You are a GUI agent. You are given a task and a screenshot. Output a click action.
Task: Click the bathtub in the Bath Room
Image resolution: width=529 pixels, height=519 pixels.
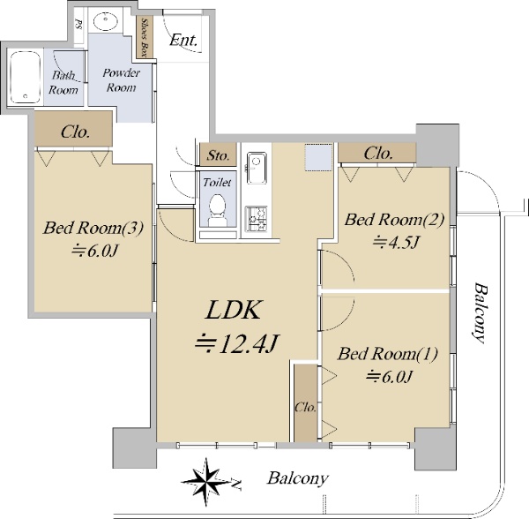pyautogui.click(x=26, y=78)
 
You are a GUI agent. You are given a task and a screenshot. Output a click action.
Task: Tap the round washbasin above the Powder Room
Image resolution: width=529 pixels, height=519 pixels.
pyautogui.click(x=105, y=21)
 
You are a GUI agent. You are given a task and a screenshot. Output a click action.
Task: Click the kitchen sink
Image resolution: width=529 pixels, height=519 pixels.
pyautogui.click(x=257, y=168)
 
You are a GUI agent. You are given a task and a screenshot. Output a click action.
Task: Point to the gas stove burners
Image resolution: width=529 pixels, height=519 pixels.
pyautogui.click(x=256, y=219)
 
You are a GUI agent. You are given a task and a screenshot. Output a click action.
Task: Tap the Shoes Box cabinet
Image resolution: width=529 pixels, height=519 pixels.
pyautogui.click(x=145, y=37)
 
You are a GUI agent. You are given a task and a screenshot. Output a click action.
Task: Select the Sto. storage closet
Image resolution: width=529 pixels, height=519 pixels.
pyautogui.click(x=218, y=154)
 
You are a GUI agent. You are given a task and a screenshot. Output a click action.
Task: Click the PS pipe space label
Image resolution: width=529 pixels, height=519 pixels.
pyautogui.click(x=78, y=25)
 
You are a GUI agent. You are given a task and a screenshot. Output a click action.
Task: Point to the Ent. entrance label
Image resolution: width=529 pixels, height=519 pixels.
pyautogui.click(x=183, y=41)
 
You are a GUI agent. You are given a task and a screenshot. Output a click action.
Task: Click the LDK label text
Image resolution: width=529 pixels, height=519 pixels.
pyautogui.click(x=234, y=310)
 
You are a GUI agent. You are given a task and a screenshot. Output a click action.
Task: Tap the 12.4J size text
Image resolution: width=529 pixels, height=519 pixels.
pyautogui.click(x=237, y=343)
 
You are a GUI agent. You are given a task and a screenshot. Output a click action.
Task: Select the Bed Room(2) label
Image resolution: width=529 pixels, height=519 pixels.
pyautogui.click(x=394, y=220)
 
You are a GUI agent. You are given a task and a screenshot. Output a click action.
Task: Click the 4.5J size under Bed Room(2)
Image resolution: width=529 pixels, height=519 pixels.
pyautogui.click(x=396, y=242)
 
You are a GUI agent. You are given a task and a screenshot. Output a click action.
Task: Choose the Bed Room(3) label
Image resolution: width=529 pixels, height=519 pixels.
pyautogui.click(x=93, y=228)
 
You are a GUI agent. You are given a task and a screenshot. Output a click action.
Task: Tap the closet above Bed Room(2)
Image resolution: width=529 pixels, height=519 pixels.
pyautogui.click(x=377, y=153)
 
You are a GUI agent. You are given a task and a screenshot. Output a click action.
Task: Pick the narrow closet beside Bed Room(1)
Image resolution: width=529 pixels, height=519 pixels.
pyautogui.click(x=306, y=402)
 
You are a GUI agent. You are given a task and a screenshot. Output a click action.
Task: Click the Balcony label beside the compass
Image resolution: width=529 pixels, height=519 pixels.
pyautogui.click(x=298, y=478)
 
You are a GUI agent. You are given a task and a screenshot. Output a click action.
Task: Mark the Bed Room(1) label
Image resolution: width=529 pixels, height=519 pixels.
pyautogui.click(x=388, y=354)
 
